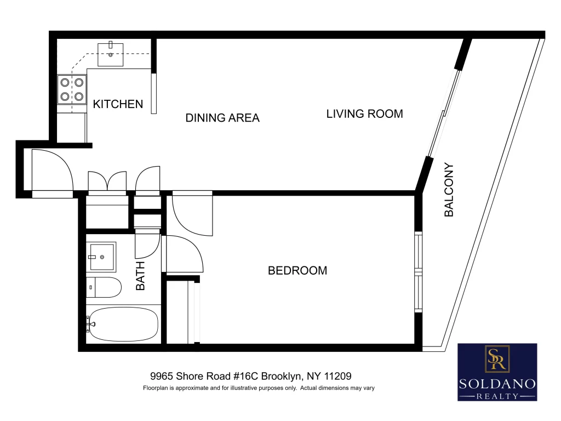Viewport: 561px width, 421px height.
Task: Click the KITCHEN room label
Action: point(118,104)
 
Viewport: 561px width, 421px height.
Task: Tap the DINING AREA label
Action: point(222,118)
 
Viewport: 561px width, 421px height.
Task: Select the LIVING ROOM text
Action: point(364,114)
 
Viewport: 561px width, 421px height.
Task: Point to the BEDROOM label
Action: point(297,270)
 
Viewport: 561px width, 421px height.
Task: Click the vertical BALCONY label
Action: point(449,190)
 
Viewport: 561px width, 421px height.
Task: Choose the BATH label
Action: point(140,276)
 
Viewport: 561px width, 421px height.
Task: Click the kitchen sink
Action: point(111,55)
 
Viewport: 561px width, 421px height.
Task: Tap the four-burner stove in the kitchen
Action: point(72,89)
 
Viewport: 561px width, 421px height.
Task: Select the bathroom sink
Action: point(101,257)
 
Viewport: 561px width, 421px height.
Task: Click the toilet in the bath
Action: point(104,287)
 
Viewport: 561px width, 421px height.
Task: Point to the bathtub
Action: point(123,325)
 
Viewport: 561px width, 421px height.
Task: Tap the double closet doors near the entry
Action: point(107,182)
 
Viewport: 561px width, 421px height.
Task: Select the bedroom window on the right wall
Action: point(418,272)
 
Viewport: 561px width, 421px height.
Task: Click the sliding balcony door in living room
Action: point(444,113)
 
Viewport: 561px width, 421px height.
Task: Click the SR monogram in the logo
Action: point(497,359)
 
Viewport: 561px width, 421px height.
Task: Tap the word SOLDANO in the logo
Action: point(497,384)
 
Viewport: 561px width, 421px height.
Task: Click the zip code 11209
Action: point(337,376)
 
